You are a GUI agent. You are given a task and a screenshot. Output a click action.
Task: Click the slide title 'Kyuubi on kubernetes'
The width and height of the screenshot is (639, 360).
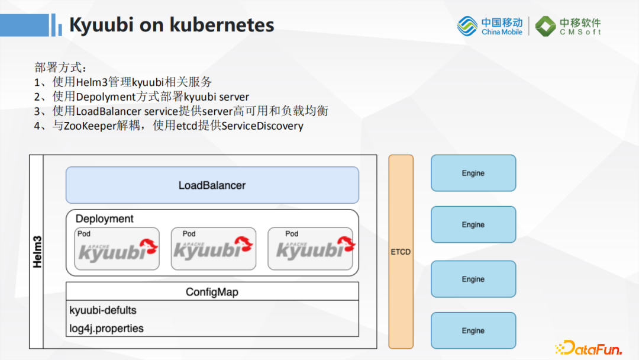(172, 25)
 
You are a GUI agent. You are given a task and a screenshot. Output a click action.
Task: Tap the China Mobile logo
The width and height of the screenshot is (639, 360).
(490, 26)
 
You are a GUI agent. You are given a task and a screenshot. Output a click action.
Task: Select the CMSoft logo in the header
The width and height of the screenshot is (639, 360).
(568, 26)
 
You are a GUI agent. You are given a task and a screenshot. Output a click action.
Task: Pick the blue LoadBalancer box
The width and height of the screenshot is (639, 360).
(212, 185)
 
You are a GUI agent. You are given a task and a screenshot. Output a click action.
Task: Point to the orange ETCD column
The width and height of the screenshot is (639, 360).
(401, 252)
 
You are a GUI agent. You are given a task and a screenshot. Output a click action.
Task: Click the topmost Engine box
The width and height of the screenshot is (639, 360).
(473, 173)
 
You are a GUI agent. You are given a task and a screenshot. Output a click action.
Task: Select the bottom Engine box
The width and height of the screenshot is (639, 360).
(473, 330)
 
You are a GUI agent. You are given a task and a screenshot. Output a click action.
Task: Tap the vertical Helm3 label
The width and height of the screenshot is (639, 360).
(37, 252)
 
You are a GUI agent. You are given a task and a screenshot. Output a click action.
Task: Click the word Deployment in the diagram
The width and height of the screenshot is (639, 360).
(105, 219)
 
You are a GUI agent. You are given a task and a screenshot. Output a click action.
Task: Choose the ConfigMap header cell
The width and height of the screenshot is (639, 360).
(212, 292)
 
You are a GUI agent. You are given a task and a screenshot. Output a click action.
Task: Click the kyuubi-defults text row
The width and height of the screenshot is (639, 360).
(103, 310)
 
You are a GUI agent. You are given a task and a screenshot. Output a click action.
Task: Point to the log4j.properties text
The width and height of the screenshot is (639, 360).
(106, 328)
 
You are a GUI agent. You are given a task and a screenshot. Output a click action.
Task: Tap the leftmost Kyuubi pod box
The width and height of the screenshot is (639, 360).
(117, 249)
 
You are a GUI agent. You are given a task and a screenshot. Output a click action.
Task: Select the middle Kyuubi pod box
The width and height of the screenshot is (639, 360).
(213, 249)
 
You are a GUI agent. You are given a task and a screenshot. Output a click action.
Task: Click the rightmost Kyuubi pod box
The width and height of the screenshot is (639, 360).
(310, 249)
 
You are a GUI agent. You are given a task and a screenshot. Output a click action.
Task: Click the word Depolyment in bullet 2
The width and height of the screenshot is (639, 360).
(106, 97)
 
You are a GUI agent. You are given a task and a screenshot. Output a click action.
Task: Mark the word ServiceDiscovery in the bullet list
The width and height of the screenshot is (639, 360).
(262, 126)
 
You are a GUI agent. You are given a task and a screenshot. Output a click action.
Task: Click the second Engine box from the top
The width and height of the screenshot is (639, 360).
(473, 224)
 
